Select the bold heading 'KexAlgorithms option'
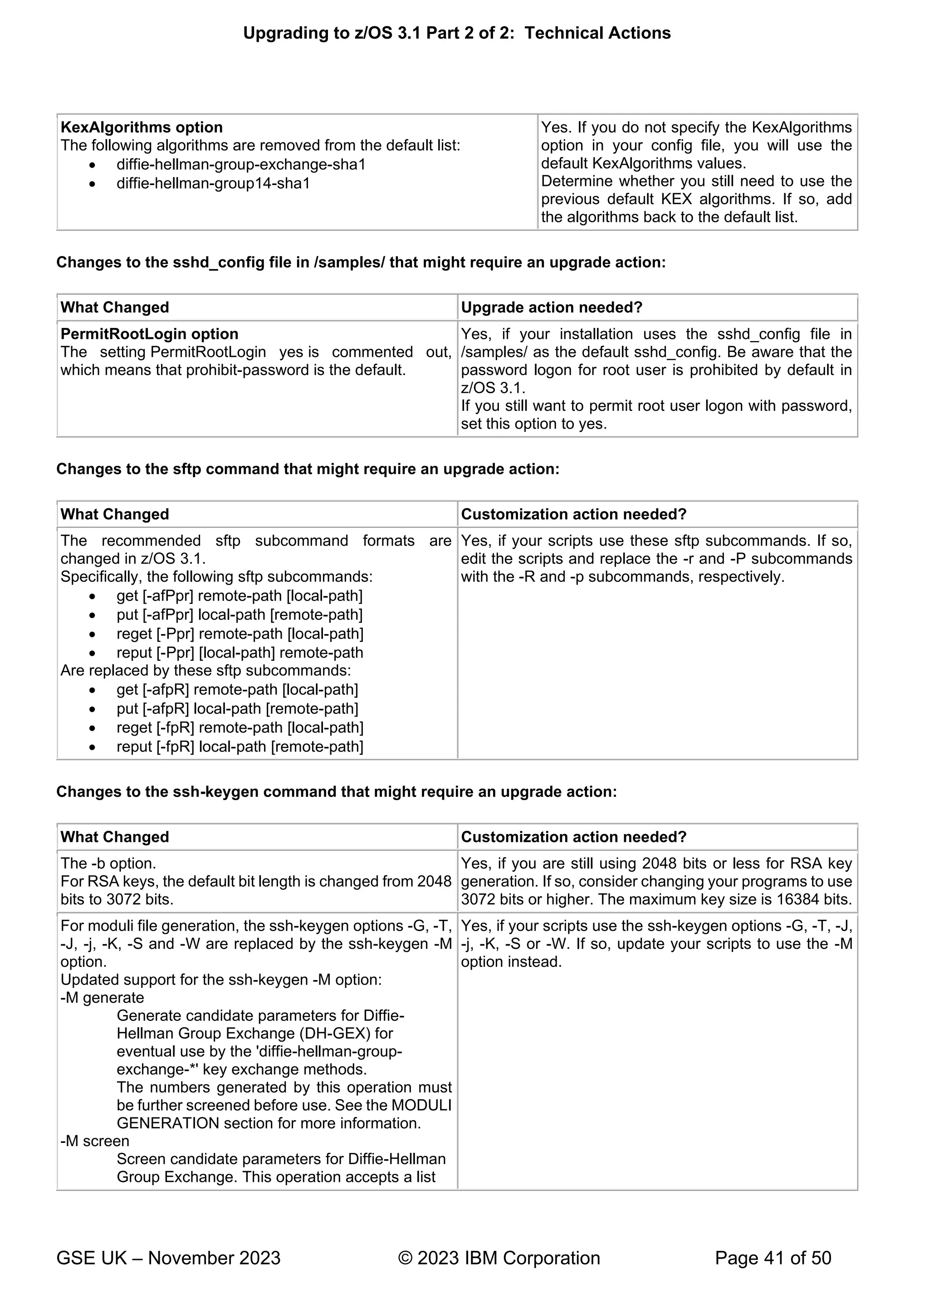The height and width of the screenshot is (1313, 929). coord(141,127)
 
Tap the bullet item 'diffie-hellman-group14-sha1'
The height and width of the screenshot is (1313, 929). coord(213,184)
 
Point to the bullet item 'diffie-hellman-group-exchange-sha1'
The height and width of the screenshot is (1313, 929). coord(241,165)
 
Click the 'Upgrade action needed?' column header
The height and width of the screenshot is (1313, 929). coord(552,308)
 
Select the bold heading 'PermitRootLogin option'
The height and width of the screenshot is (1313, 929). coord(149,334)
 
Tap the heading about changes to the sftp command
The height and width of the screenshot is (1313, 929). coord(308,469)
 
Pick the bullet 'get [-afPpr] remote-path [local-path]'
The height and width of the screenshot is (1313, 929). coord(239,596)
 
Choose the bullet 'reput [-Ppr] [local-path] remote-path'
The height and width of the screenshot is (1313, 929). coord(240,653)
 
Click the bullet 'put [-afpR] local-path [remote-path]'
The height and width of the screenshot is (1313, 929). coord(237,708)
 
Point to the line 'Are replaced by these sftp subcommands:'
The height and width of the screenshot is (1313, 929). coord(205,670)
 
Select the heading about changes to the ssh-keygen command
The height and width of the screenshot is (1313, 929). coord(337,791)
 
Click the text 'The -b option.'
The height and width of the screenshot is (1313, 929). coord(108,864)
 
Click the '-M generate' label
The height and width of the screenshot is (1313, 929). coord(102,997)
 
